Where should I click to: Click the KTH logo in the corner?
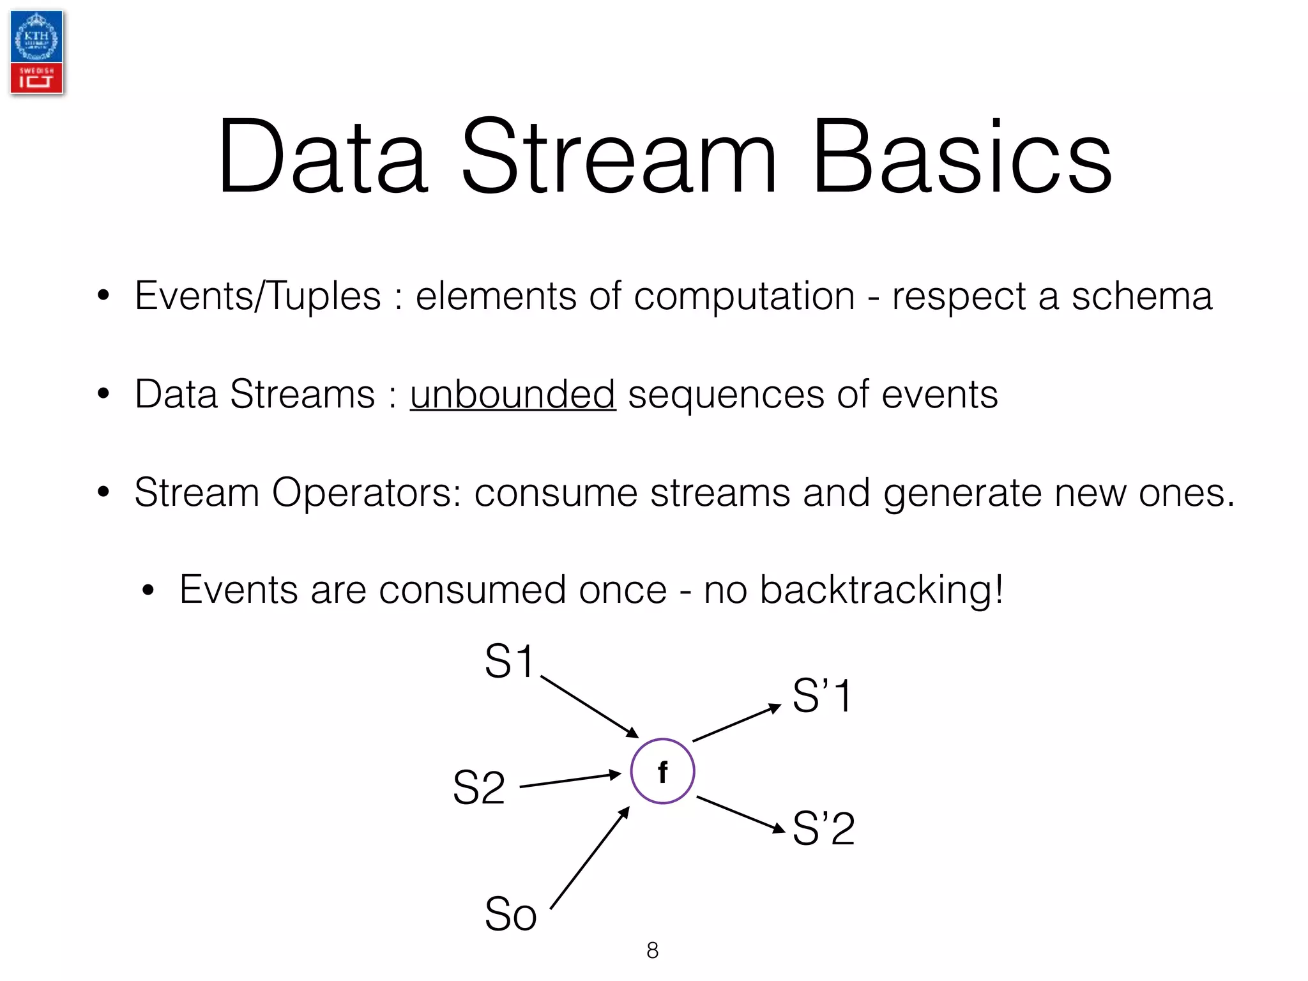pos(36,52)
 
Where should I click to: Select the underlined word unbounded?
pos(512,394)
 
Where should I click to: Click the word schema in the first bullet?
pos(1141,296)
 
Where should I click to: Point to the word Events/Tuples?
pos(257,297)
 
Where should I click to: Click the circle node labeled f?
pos(662,771)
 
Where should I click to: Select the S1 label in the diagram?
pos(508,661)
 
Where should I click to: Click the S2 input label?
pos(478,787)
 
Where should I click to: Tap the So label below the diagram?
pos(510,914)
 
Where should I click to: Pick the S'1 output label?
pos(822,696)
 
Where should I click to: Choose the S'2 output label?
pos(823,828)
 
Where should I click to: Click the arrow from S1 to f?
pos(589,707)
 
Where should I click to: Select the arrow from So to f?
pos(589,858)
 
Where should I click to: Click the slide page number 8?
pos(652,950)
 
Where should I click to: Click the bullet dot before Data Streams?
pos(103,393)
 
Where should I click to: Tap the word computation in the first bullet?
pos(744,297)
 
